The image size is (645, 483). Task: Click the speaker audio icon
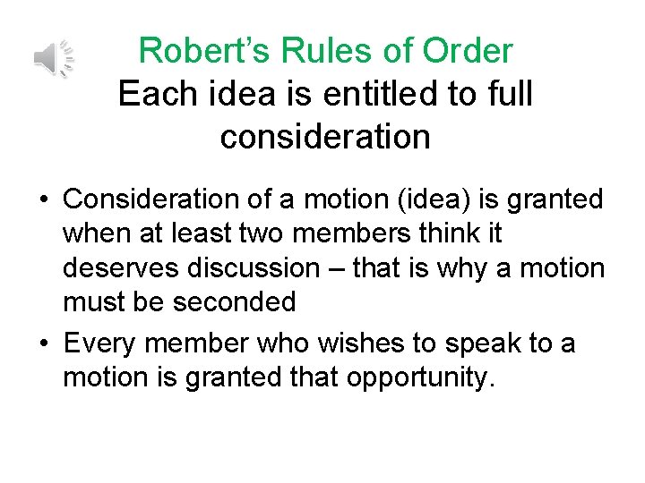point(53,59)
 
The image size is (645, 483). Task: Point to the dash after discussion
point(337,268)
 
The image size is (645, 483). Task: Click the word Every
point(99,343)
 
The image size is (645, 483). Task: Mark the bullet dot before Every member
point(44,344)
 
